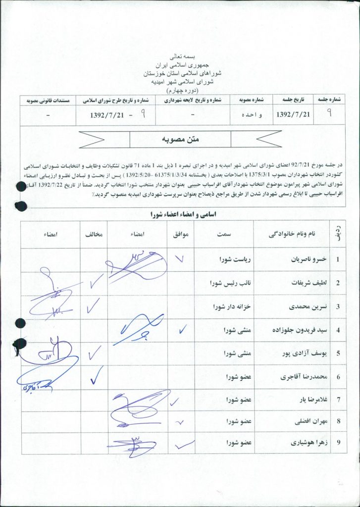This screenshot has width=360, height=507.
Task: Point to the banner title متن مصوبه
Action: (180, 140)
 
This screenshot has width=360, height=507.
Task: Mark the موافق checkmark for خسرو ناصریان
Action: (180, 257)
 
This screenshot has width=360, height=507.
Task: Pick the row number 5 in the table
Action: (338, 354)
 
